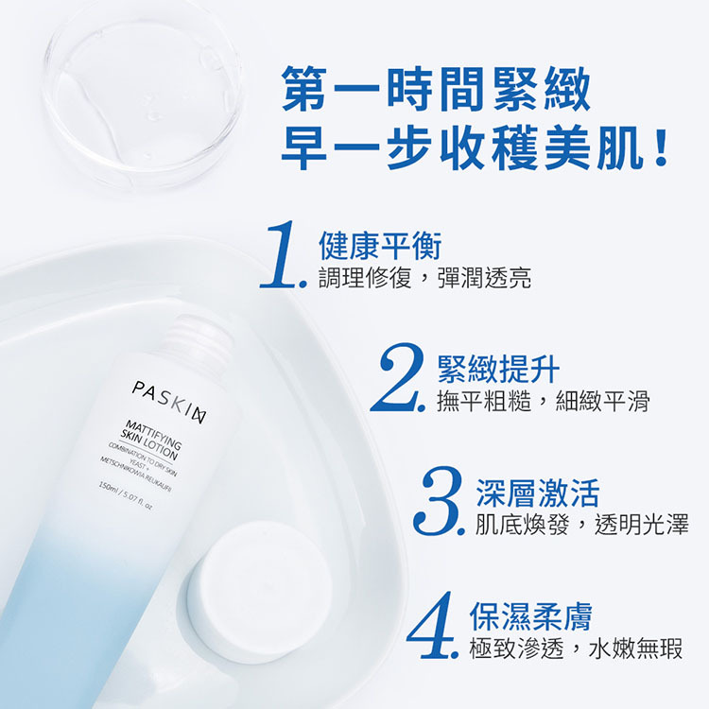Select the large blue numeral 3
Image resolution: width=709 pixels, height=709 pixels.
tap(436, 501)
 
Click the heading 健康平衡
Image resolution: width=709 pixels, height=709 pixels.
tap(380, 246)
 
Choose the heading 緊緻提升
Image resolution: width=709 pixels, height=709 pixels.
tap(499, 369)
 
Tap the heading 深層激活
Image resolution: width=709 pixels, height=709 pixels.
tap(538, 493)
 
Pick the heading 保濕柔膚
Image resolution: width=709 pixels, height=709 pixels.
tap(531, 615)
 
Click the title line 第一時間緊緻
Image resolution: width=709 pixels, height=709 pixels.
tap(436, 89)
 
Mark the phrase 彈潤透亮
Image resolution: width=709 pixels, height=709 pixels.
tap(485, 277)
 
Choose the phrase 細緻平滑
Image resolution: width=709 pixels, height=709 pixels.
tap(603, 400)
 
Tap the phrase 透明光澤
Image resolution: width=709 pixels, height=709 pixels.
tap(642, 524)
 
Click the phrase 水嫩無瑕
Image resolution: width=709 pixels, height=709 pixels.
tap(635, 648)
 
